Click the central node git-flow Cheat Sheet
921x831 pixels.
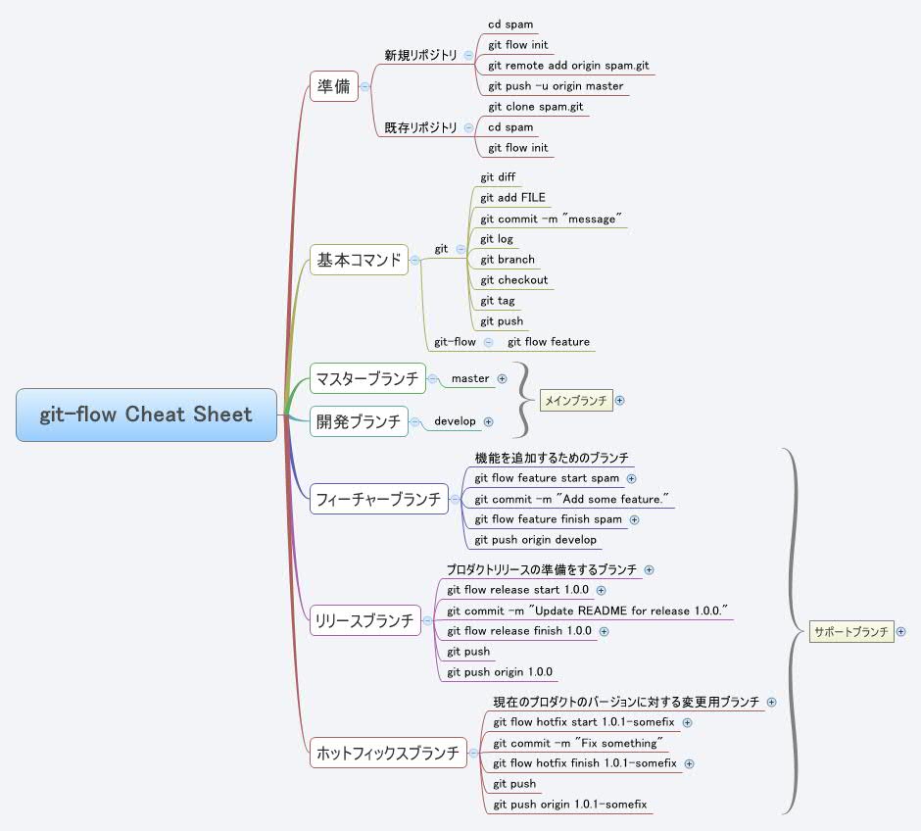click(x=146, y=415)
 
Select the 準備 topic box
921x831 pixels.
click(x=333, y=86)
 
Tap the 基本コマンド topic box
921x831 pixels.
click(x=359, y=260)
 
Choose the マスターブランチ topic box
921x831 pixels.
click(x=367, y=378)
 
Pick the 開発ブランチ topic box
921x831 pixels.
click(x=359, y=421)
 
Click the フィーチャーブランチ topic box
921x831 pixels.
click(x=378, y=499)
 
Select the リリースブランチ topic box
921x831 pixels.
click(x=364, y=619)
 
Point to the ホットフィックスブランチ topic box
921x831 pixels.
click(x=387, y=753)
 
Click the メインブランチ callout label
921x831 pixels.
click(x=576, y=400)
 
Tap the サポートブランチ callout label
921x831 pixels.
click(x=850, y=632)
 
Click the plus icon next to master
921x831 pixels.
click(x=502, y=378)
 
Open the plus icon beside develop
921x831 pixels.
click(x=488, y=421)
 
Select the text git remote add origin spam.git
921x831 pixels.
click(x=568, y=66)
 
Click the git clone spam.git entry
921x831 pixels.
click(x=535, y=107)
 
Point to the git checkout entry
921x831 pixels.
click(x=514, y=280)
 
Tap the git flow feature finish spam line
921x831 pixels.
click(x=548, y=519)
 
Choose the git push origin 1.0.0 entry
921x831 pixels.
click(x=500, y=672)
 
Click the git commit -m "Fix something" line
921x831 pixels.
click(x=578, y=743)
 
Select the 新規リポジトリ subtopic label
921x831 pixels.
click(x=420, y=55)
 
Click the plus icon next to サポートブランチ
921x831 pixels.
click(x=900, y=632)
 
